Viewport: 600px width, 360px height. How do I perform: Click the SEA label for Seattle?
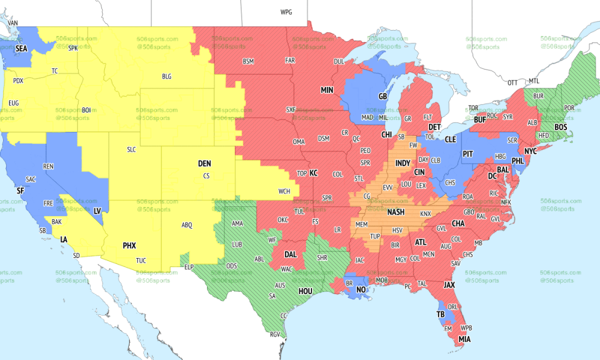[22, 48]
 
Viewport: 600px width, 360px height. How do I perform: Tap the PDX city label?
[18, 81]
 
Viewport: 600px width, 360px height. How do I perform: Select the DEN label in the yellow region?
[205, 164]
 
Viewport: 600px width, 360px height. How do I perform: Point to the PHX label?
[130, 245]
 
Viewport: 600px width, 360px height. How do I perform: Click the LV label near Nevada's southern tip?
[97, 211]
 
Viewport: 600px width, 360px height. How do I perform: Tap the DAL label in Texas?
[292, 254]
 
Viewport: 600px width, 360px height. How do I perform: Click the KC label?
[313, 173]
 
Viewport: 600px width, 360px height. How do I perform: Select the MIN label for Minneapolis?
[327, 90]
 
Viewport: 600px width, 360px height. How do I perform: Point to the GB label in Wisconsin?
[382, 96]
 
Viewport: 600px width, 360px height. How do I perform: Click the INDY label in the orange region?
[403, 163]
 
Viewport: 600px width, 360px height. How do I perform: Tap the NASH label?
[396, 212]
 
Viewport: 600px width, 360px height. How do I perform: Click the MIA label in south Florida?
[465, 339]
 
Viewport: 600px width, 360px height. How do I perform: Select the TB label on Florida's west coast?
[441, 314]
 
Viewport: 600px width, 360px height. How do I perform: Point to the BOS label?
[561, 128]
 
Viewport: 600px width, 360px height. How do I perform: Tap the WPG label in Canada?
[286, 12]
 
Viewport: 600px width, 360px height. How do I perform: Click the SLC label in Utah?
[131, 149]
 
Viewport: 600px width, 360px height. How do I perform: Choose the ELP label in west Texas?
[190, 267]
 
